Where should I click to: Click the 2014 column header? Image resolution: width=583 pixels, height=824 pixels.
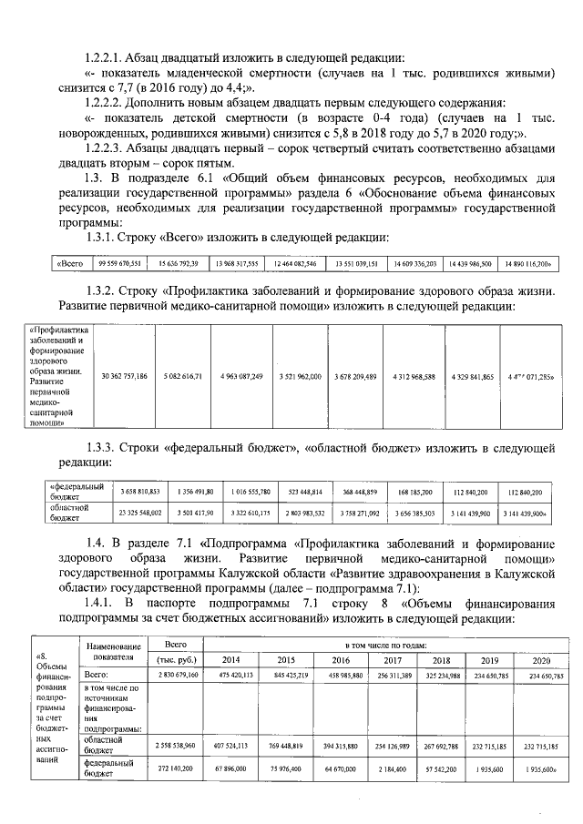230,659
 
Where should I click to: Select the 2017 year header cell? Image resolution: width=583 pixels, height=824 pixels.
393,659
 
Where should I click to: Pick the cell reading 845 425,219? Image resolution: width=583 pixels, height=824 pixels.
286,675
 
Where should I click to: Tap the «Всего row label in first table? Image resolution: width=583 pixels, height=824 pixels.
71,264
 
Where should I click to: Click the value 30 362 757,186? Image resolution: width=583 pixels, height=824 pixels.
125,375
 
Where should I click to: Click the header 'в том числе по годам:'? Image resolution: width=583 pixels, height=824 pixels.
389,644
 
